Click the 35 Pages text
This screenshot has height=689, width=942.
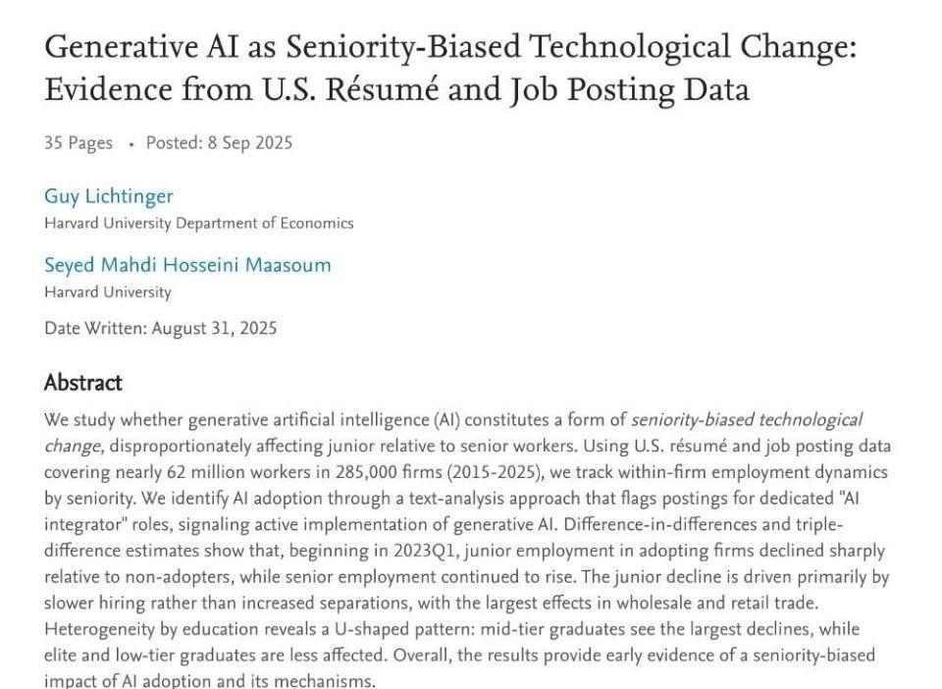[x=78, y=142]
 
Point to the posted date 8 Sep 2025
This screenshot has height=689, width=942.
[x=249, y=142]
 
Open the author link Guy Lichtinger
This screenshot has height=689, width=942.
[x=108, y=195]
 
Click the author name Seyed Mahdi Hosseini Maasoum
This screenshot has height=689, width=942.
[x=187, y=265]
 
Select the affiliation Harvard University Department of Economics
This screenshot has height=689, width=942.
[x=198, y=223]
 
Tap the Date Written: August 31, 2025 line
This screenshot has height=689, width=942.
[x=160, y=328]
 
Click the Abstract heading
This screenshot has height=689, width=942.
[x=83, y=383]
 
